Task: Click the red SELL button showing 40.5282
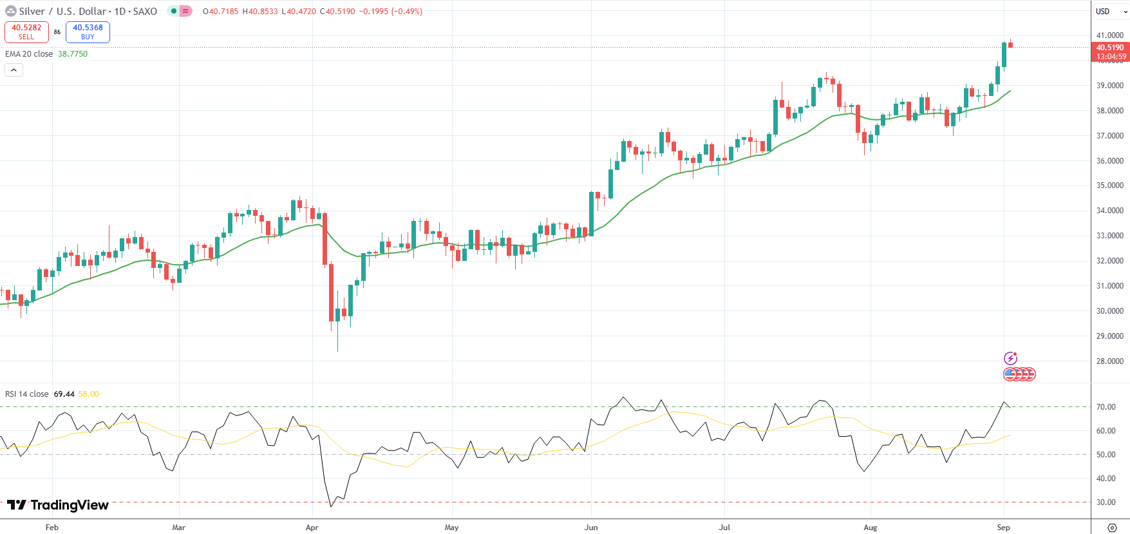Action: pos(26,32)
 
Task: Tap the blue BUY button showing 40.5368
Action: pos(88,32)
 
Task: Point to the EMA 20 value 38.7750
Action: pos(73,54)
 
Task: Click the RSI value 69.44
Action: pos(64,394)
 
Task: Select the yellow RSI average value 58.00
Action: pos(89,394)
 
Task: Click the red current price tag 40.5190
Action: pos(1110,48)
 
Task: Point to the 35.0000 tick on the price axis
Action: pos(1110,186)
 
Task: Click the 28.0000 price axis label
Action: pos(1110,361)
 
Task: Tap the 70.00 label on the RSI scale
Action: pos(1106,407)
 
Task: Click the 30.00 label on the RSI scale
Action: pos(1106,502)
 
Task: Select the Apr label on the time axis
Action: pos(312,528)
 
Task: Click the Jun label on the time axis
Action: pos(591,528)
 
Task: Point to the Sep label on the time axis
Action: pos(1003,528)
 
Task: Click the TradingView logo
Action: pos(58,505)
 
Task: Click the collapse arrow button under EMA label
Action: pos(14,70)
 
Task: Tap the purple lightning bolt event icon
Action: pos(1010,358)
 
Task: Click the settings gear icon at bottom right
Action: pos(1111,528)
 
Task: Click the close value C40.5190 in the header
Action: pos(337,12)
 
